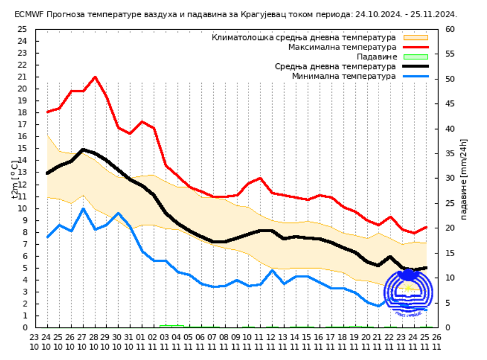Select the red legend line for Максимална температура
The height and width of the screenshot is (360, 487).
point(415,47)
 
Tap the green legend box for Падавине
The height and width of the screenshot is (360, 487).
point(415,56)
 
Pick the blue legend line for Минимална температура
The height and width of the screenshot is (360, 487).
point(415,76)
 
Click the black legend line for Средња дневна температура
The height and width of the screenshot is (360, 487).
point(415,66)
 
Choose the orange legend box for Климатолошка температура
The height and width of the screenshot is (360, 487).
point(415,37)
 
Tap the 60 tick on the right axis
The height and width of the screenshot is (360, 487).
point(450,29)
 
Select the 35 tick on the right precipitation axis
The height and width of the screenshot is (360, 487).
point(450,153)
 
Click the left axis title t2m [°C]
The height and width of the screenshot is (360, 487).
point(15,179)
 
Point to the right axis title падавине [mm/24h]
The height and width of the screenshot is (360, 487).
point(464,179)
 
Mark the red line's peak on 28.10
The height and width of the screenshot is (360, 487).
point(95,76)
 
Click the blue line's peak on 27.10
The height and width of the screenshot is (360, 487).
point(83,208)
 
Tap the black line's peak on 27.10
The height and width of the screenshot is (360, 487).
point(83,149)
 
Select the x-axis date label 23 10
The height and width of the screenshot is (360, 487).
point(34,341)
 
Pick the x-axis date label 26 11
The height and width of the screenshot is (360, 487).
point(437,341)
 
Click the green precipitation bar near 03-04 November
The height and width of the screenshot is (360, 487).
point(172,326)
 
